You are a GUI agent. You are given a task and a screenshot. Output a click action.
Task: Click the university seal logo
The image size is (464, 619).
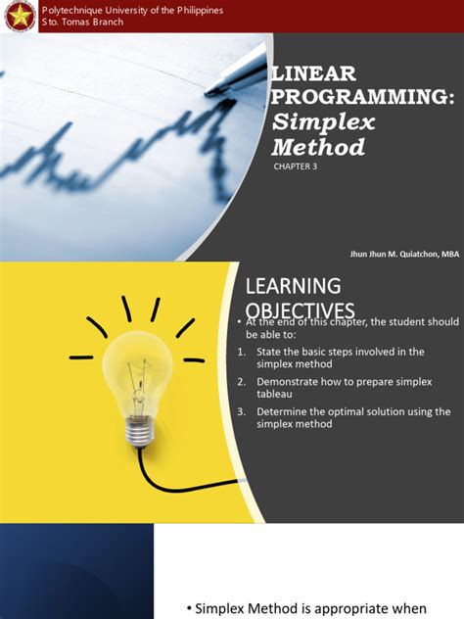18,16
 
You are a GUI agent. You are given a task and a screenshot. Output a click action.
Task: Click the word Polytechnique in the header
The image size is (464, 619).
70,10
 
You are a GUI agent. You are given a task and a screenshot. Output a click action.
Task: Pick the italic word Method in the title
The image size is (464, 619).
317,147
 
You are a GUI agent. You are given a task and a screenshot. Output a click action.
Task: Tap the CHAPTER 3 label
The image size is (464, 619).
296,167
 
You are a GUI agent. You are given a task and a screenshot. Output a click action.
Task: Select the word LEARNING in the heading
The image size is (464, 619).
293,285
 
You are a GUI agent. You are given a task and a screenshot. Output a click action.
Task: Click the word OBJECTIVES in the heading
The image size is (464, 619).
300,310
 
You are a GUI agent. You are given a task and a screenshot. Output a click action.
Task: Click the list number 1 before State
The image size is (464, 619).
241,351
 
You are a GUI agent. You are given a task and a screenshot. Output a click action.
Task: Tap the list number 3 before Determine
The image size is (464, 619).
241,411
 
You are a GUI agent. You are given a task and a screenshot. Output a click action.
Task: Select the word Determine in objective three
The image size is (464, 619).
283,411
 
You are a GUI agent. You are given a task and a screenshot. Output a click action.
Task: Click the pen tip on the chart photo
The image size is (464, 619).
209,91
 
